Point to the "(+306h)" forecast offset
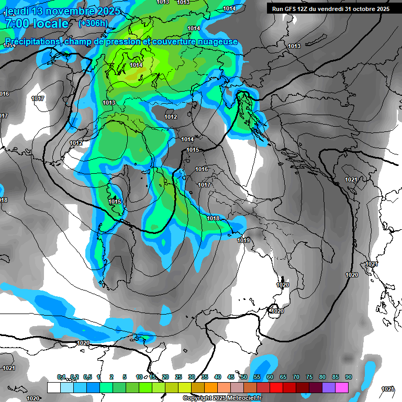pos(93,23)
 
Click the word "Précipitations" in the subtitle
pos(33,41)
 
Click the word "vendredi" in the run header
pos(333,9)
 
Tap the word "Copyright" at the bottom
pos(197,398)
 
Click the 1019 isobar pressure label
pos(243,240)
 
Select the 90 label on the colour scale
pos(348,377)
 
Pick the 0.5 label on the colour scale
pos(87,377)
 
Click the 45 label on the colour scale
pos(231,377)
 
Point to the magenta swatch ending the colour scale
pos(342,387)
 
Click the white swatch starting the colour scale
pos(53,387)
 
